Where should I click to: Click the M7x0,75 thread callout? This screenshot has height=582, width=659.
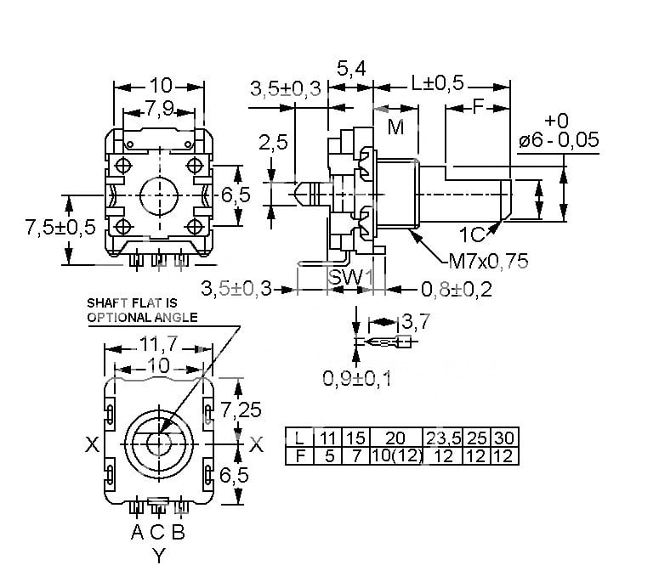[488, 261]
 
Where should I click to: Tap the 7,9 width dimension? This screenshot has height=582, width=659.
[160, 109]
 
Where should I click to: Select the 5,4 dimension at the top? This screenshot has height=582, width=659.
[351, 69]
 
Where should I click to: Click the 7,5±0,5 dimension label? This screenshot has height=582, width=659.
[60, 227]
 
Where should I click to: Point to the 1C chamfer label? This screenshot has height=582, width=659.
[472, 234]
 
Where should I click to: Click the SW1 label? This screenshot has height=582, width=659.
[350, 277]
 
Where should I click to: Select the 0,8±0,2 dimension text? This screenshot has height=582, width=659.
[457, 290]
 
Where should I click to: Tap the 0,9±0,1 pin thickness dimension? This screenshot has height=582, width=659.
[357, 379]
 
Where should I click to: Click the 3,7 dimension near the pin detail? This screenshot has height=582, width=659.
[416, 322]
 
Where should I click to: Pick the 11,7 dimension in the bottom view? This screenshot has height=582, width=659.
[159, 344]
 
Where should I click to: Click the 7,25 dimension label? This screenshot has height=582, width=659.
[241, 410]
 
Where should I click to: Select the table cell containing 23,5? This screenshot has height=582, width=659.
[443, 438]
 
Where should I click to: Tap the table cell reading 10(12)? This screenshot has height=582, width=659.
[396, 456]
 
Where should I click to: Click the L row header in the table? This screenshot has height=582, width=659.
[299, 438]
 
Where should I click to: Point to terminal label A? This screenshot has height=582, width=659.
[137, 532]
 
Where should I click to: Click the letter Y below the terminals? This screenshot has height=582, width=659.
[159, 556]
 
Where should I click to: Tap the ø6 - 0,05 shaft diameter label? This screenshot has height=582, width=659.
[559, 140]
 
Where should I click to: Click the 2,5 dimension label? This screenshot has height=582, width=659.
[273, 143]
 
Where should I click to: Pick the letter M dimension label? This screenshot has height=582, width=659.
[395, 127]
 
